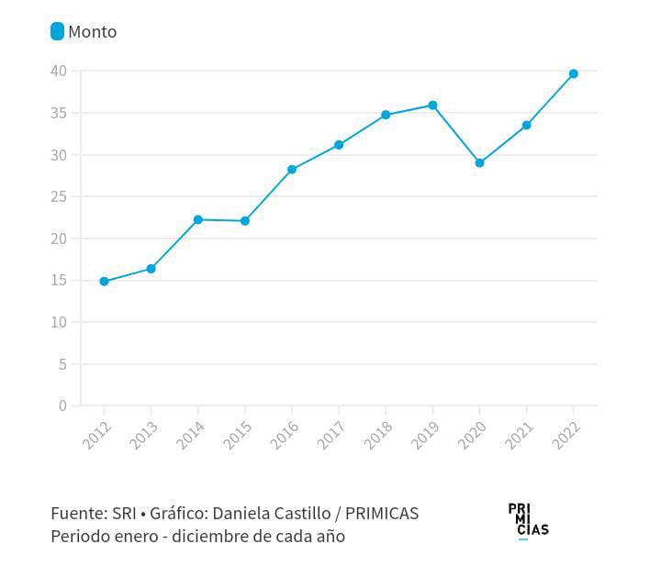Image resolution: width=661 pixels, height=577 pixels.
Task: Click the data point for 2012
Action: tap(104, 282)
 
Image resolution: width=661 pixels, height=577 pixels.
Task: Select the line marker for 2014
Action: tap(197, 219)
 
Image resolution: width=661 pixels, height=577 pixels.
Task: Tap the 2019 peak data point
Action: tap(432, 105)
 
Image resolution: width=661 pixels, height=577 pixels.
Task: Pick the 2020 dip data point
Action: tap(479, 162)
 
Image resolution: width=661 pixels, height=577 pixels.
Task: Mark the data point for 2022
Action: tap(573, 73)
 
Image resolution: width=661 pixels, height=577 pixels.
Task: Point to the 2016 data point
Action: tap(292, 170)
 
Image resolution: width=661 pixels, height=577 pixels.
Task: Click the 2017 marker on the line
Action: tap(339, 145)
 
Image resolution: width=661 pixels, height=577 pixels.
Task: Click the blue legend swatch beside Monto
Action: tap(57, 31)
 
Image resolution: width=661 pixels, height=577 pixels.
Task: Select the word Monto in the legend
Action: tap(93, 32)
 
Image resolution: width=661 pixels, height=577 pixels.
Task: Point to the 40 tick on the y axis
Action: tap(58, 71)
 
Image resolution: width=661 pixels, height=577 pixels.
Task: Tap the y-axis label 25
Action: tap(58, 196)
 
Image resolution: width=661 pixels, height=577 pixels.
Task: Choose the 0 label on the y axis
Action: tap(62, 405)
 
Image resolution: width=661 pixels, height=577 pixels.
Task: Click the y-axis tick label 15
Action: tap(58, 280)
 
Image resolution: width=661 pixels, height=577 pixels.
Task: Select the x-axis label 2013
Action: tap(144, 434)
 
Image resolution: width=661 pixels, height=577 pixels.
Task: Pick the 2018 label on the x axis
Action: tap(378, 434)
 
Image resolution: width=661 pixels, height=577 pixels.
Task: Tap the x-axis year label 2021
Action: tap(520, 434)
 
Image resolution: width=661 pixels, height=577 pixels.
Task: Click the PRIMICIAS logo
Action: tap(528, 520)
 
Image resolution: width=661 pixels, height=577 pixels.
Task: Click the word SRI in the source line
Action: tap(123, 514)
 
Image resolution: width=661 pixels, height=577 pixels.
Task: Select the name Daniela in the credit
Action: tap(241, 514)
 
